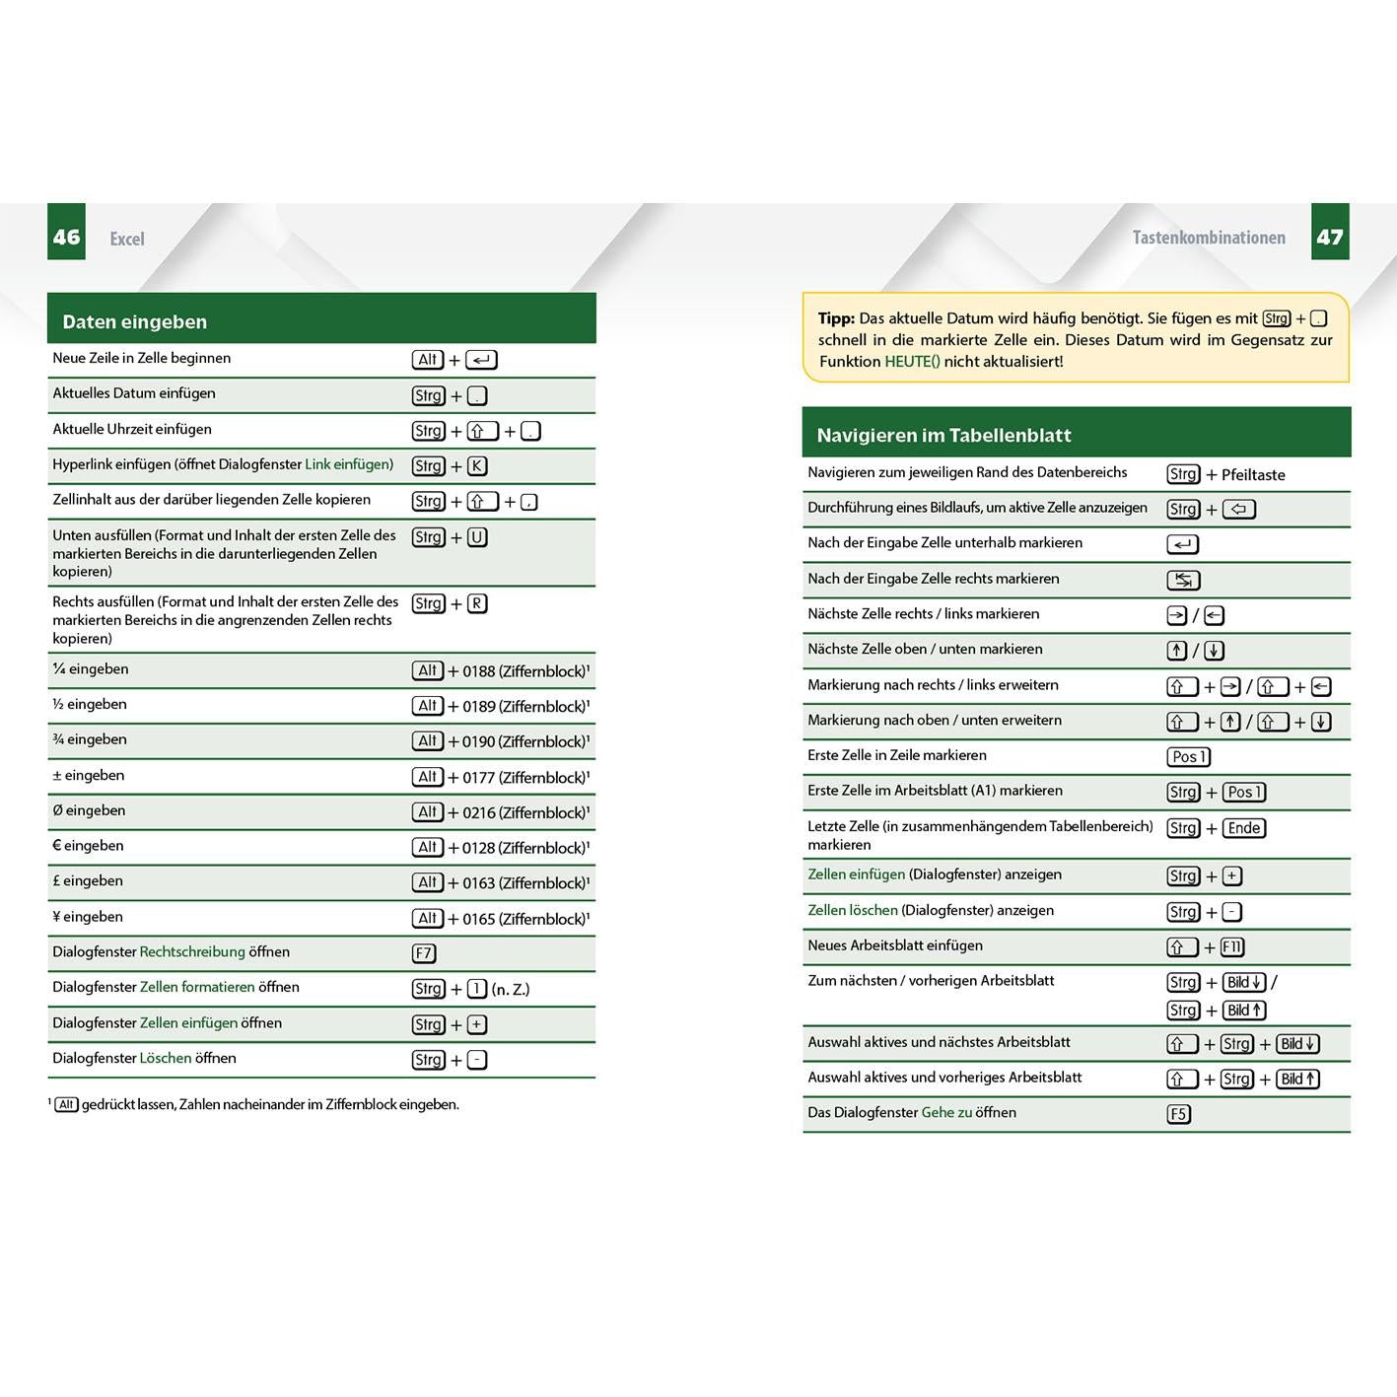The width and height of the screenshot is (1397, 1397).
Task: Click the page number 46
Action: click(66, 237)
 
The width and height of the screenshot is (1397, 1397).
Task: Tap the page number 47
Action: click(1329, 237)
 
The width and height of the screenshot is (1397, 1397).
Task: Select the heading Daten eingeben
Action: click(134, 321)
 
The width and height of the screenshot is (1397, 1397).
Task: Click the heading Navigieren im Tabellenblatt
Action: click(943, 435)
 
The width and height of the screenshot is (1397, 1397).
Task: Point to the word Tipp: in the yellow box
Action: click(836, 318)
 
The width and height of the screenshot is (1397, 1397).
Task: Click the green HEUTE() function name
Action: click(912, 362)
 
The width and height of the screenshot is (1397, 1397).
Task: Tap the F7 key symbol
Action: click(424, 953)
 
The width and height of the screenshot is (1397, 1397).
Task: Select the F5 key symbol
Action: click(1178, 1114)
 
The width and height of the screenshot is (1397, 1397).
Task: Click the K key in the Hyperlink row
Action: click(477, 466)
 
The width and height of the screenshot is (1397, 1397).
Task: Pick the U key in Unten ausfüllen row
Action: click(477, 537)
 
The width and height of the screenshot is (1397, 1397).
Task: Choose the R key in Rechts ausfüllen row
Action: click(477, 603)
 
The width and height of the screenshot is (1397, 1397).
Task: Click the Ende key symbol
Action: click(1244, 828)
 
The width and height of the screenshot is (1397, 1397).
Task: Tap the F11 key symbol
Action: click(1232, 947)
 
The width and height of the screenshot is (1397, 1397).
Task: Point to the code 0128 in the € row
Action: click(478, 848)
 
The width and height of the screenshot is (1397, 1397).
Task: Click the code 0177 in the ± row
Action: click(478, 778)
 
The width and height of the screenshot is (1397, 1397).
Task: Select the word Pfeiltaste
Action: click(1253, 474)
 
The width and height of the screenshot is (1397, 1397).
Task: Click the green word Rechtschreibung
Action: click(192, 952)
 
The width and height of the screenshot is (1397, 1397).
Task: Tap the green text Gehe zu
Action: click(946, 1113)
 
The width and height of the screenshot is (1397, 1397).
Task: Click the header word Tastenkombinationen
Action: click(1209, 238)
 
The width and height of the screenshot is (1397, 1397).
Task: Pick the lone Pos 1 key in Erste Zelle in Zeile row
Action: click(1189, 757)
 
